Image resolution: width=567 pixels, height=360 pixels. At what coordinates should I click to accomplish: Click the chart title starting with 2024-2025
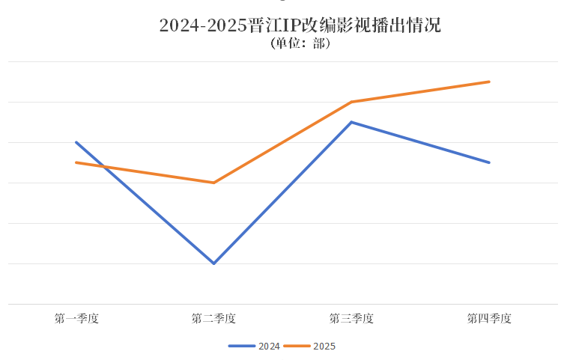tap(300, 25)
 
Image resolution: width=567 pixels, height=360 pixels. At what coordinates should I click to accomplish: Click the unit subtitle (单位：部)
tap(300, 43)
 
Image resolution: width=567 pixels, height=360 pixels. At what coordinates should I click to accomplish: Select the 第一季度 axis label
tap(76, 318)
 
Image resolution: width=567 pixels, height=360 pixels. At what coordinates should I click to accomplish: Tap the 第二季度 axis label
tap(213, 318)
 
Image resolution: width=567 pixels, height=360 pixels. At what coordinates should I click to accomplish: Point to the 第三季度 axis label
tap(351, 318)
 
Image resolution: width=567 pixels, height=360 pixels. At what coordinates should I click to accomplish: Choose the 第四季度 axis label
tap(489, 318)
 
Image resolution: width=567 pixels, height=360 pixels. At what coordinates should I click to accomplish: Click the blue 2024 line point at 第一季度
tap(76, 142)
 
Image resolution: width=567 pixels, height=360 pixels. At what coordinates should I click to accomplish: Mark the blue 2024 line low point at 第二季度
tap(213, 263)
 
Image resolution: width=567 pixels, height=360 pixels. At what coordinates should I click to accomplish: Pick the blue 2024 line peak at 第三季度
tap(351, 122)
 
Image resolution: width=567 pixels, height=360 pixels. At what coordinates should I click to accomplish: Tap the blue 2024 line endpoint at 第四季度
tap(489, 162)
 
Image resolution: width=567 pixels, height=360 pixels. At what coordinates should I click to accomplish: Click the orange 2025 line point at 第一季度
tap(76, 162)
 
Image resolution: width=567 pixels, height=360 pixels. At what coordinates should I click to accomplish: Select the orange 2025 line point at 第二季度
tap(213, 183)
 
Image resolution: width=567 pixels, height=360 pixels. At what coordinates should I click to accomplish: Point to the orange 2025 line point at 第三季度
tap(351, 102)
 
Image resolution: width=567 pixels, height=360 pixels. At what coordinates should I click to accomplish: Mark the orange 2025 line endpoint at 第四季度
tap(489, 82)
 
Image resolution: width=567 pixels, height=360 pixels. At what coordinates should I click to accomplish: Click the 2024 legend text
tap(269, 346)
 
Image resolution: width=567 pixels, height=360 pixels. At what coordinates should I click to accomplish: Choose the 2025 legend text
tap(324, 346)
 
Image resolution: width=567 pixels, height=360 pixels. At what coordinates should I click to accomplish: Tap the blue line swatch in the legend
tap(242, 346)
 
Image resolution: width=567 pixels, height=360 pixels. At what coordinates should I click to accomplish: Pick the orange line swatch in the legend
tap(297, 346)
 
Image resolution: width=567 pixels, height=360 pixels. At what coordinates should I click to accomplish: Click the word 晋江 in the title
tap(264, 25)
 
